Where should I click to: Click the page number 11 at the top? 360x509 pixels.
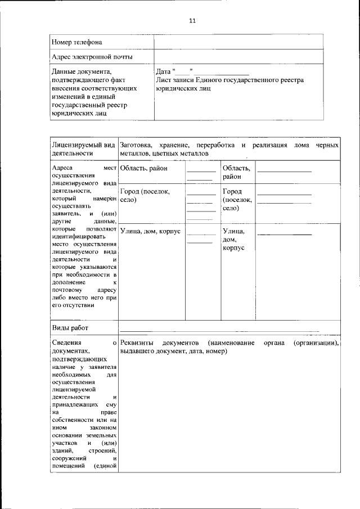pos(192,21)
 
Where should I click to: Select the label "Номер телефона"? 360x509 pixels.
pos(77,42)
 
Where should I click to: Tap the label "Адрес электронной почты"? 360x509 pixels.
pos(92,57)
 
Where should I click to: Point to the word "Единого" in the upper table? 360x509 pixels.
pos(217,80)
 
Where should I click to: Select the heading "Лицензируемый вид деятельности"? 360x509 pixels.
pos(83,149)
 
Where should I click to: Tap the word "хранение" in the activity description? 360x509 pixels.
pos(174,145)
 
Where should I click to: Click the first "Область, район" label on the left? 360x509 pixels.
pos(144,168)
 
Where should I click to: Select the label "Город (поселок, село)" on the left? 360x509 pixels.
pos(145,195)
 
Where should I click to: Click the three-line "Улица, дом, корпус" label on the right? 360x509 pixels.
pos(233,239)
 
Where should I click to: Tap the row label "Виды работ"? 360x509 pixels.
pos(70,328)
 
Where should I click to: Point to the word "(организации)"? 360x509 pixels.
pos(316,343)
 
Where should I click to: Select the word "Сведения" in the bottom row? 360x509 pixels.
pos(66,343)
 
